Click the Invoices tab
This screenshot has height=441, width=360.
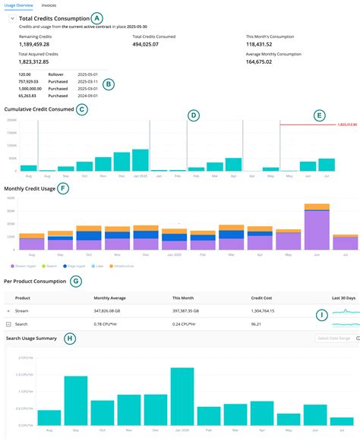(x=49, y=5)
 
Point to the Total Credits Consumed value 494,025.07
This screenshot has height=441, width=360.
(x=150, y=45)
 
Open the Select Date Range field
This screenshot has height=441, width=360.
(x=333, y=338)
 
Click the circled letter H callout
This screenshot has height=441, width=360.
(x=70, y=338)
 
